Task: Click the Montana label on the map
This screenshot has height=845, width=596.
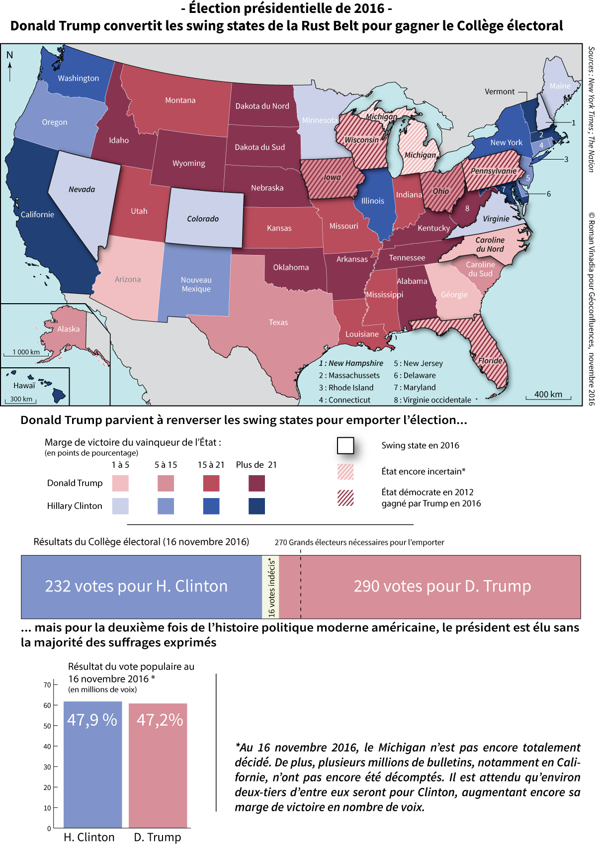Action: coord(180,100)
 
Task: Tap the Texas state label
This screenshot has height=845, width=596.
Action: coord(278,323)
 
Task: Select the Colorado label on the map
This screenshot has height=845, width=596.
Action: coord(203,219)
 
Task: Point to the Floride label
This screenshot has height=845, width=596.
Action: coord(490,361)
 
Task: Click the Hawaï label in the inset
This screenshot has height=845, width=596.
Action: coord(24,386)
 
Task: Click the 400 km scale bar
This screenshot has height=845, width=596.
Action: coord(548,396)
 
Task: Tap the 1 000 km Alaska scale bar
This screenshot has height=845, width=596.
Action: coord(26,353)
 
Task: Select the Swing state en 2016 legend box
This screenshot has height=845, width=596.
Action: coord(345,445)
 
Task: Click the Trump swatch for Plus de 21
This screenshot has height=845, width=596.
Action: coord(256,483)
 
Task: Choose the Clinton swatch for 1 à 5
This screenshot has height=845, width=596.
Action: coord(120,506)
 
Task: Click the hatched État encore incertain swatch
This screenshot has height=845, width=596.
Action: coord(345,471)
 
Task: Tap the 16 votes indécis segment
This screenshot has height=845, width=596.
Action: coord(271,587)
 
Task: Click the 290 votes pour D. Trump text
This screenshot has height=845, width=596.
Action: coord(442,586)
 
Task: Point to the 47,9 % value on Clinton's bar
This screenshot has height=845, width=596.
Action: coord(92,720)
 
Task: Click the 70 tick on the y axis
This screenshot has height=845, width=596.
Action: coord(48,685)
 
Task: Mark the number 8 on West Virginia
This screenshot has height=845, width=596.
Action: coord(467,208)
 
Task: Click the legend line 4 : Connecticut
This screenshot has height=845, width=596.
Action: coord(344,400)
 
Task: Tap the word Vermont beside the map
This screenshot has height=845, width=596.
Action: coord(500,92)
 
